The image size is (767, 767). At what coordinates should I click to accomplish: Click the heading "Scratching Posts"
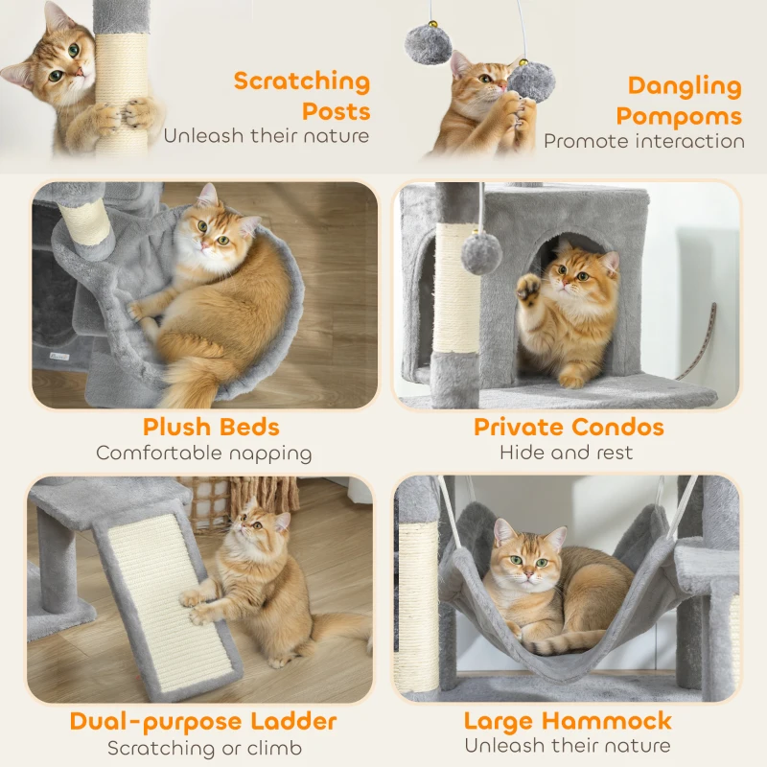(301, 95)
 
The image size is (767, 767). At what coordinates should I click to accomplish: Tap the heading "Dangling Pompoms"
(679, 101)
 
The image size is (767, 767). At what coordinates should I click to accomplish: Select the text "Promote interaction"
(643, 141)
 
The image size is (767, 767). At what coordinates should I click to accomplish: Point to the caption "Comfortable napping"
(203, 453)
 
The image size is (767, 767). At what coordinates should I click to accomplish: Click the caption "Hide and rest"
(566, 453)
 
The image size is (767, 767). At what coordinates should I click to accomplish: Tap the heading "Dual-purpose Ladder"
(203, 721)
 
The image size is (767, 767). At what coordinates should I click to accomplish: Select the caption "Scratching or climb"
(203, 748)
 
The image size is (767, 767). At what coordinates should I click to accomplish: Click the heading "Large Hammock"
(568, 721)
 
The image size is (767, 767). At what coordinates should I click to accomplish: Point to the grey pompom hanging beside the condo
(480, 253)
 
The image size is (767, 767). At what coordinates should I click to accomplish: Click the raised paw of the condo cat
(528, 288)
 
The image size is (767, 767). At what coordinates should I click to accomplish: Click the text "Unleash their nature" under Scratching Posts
(266, 135)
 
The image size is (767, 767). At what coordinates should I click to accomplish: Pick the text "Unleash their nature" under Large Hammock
(568, 746)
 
